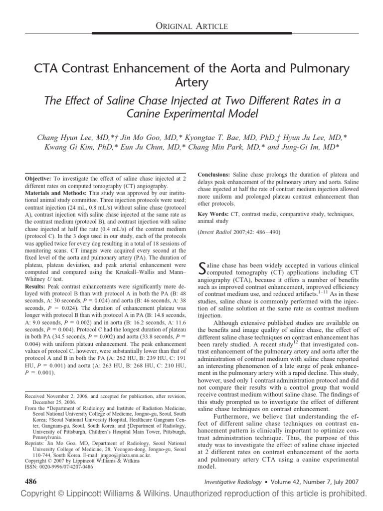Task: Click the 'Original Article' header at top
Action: click(x=191, y=25)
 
